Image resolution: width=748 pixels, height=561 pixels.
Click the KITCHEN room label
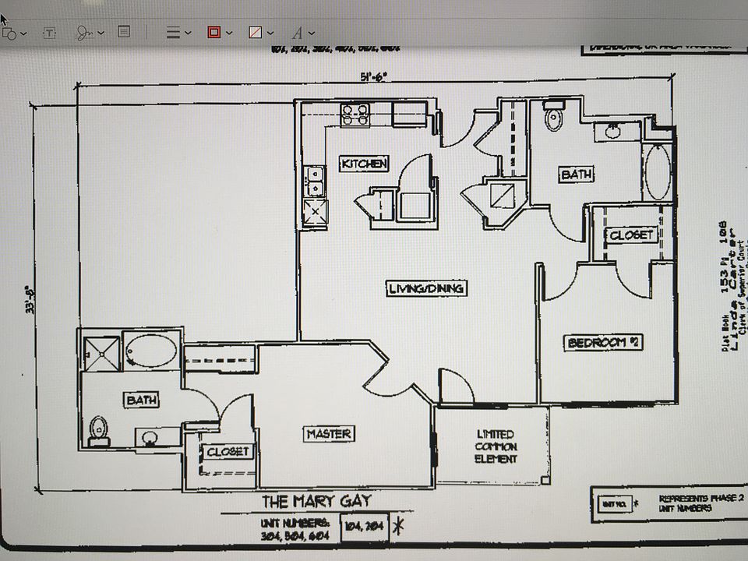coord(364,164)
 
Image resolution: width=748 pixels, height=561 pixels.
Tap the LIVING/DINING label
coord(426,288)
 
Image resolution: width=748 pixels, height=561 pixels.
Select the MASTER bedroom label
coord(329,434)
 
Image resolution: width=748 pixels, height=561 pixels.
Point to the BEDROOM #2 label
coord(604,342)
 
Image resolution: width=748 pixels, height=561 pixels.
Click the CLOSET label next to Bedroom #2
coord(631,235)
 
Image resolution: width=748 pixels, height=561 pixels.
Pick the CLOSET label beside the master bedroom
coord(228,451)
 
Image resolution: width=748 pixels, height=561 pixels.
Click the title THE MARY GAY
coord(316,500)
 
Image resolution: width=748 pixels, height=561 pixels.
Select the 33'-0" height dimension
coord(31,300)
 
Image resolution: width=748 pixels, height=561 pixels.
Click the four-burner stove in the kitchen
coord(355,115)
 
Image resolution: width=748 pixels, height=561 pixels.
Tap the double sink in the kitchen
coord(315,181)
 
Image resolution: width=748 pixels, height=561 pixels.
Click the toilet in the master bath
coord(98,430)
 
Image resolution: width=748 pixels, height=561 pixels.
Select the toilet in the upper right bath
coord(554,117)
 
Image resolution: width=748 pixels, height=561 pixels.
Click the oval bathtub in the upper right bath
coord(657,171)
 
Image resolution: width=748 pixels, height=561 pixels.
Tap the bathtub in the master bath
coord(151,351)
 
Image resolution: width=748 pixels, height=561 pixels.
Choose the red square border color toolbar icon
coord(213,33)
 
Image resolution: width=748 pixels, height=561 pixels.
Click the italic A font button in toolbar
coord(297,33)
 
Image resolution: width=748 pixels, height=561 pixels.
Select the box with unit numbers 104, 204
coord(364,526)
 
